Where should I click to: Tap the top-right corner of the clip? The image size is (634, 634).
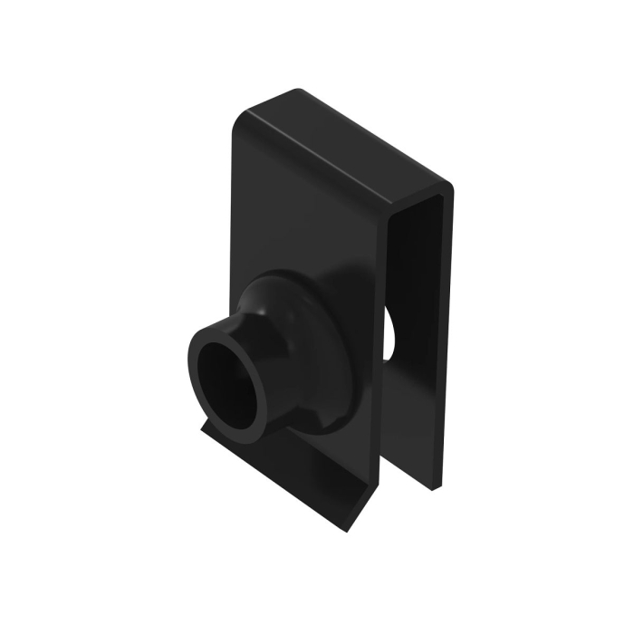pos(447,187)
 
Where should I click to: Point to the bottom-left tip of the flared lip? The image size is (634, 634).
pos(201,427)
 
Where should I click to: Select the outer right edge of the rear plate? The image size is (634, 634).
pos(447,344)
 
